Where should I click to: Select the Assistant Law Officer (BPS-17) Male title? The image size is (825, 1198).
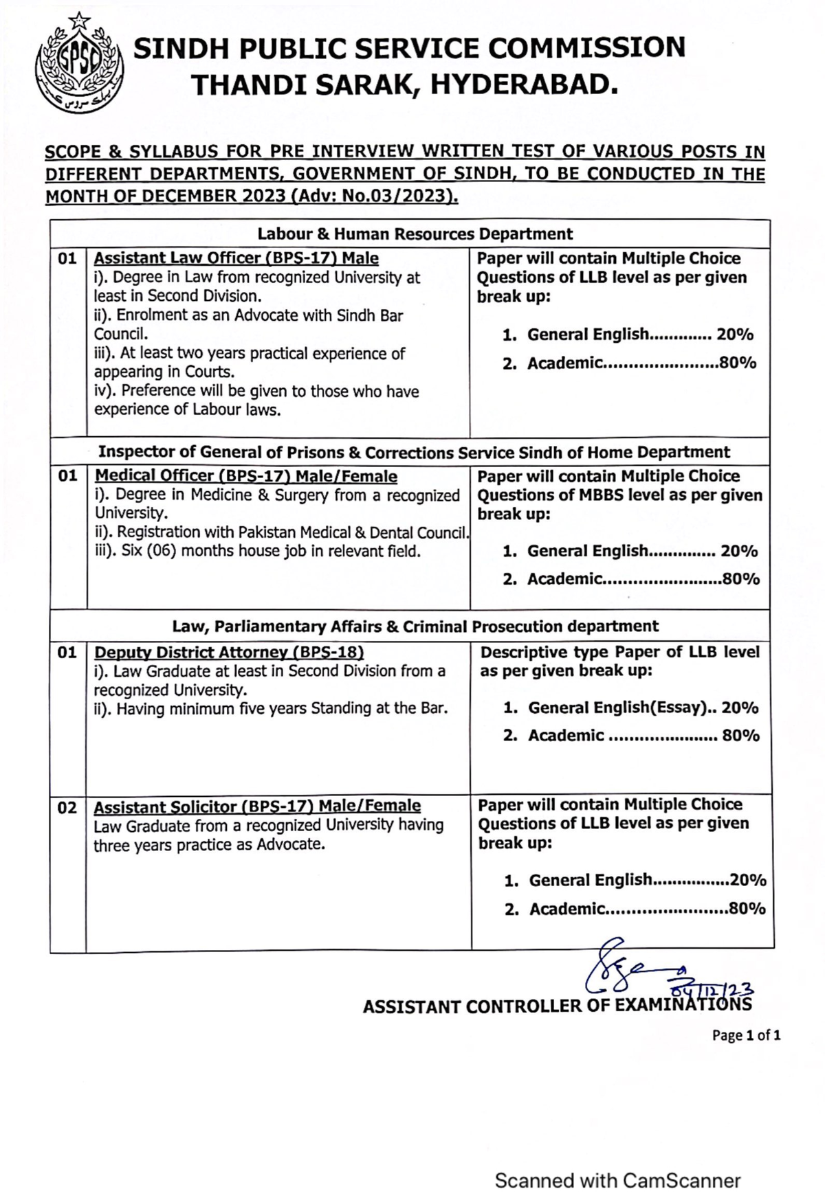pyautogui.click(x=236, y=258)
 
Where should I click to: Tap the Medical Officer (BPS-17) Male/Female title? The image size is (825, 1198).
pyautogui.click(x=245, y=476)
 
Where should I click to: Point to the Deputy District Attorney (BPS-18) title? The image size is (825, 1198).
pyautogui.click(x=228, y=652)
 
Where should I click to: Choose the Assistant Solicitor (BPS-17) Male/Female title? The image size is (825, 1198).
pyautogui.click(x=257, y=806)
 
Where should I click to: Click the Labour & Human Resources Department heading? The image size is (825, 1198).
pyautogui.click(x=415, y=234)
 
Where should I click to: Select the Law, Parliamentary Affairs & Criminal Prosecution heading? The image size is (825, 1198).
pyautogui.click(x=415, y=626)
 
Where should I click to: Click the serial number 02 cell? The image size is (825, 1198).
pyautogui.click(x=67, y=808)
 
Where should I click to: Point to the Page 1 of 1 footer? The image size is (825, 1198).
pyautogui.click(x=746, y=1035)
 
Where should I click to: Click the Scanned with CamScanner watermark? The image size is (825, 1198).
pyautogui.click(x=617, y=1181)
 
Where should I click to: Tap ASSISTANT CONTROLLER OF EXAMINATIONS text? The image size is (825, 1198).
pyautogui.click(x=557, y=1006)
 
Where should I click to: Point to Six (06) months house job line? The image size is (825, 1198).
pyautogui.click(x=257, y=551)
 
